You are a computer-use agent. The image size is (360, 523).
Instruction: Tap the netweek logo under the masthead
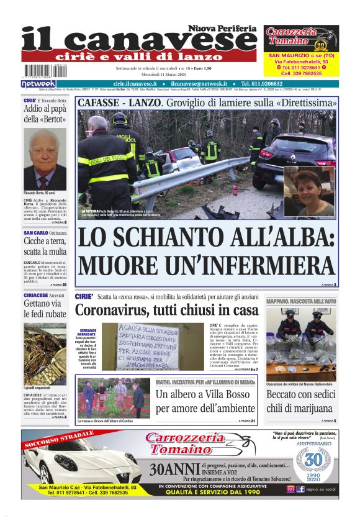click(x=38, y=83)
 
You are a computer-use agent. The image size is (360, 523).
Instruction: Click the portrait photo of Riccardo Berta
click(x=45, y=160)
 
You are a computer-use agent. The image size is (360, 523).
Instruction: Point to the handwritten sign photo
click(x=153, y=345)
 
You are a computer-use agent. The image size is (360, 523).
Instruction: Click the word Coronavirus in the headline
click(x=117, y=309)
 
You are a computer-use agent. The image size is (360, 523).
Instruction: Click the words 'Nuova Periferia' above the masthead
click(x=222, y=29)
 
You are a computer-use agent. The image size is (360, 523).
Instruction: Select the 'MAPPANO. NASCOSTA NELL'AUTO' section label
click(x=300, y=301)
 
